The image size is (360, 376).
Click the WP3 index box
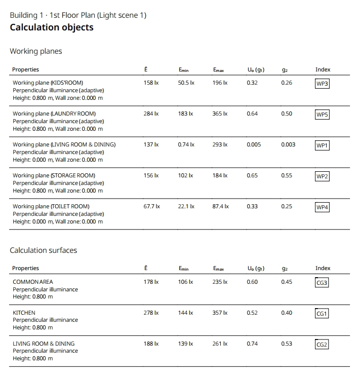[x=322, y=84]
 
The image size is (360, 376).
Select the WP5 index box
[x=322, y=115]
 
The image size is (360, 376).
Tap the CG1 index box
[x=322, y=314]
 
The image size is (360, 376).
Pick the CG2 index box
[x=322, y=345]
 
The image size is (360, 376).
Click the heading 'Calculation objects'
[x=52, y=27]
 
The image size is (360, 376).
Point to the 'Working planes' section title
[x=36, y=51]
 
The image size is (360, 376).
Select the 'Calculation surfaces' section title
[x=44, y=250]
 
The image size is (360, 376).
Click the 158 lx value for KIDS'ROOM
[x=151, y=83]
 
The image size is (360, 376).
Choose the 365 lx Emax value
[x=220, y=114]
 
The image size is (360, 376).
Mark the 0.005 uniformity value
[x=254, y=144]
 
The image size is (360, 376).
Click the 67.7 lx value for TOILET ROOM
[x=152, y=206]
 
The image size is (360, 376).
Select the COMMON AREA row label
[x=32, y=282]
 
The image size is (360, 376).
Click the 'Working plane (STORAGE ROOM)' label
[x=54, y=175]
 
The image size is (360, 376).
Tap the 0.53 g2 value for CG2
[x=287, y=344]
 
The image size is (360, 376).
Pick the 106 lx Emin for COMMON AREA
[x=185, y=282]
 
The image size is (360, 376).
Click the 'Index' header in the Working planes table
[x=323, y=69]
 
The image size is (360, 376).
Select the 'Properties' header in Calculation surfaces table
[x=25, y=268]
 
